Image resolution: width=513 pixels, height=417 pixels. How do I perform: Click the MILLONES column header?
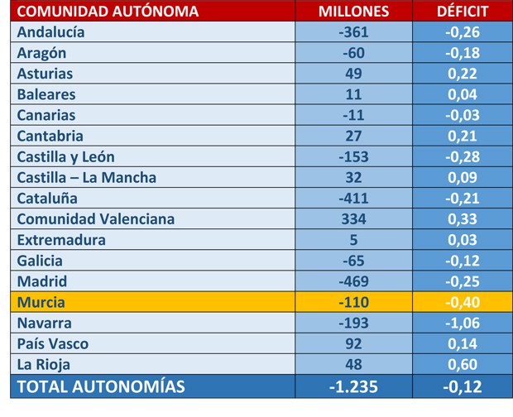pos(353,12)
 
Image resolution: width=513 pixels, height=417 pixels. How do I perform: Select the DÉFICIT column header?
pos(463,12)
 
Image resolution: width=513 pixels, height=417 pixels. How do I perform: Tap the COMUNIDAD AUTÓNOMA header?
pos(108,12)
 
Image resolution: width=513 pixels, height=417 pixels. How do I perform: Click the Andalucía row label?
pos(50,32)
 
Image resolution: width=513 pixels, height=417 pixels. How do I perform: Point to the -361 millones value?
pos(353,32)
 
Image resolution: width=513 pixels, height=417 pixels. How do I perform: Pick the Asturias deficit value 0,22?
pos(463,74)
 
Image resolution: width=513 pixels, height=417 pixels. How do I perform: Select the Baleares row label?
pos(46,94)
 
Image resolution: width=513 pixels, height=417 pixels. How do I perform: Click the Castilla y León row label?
pos(65,157)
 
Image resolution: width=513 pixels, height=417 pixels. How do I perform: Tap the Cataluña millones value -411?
pos(353,199)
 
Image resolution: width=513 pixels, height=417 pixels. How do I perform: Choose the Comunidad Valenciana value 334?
pos(353,219)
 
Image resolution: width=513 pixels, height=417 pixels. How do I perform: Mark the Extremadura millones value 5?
pos(353,240)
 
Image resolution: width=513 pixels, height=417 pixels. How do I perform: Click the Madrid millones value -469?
pos(353,281)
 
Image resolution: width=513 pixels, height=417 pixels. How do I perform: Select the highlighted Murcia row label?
pos(41,302)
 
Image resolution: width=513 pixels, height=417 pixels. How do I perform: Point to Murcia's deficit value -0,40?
pos(463,302)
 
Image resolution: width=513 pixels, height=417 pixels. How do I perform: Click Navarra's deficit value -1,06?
pos(463,324)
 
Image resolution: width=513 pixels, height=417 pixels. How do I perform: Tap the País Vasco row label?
pos(53,344)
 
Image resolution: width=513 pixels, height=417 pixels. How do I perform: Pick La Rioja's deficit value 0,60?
pos(463,365)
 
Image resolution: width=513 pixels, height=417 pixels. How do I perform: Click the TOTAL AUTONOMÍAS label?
pos(101,386)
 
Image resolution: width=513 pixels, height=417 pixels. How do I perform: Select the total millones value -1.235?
pos(353,387)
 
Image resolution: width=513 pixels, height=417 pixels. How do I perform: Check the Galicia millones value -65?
pos(353,261)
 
